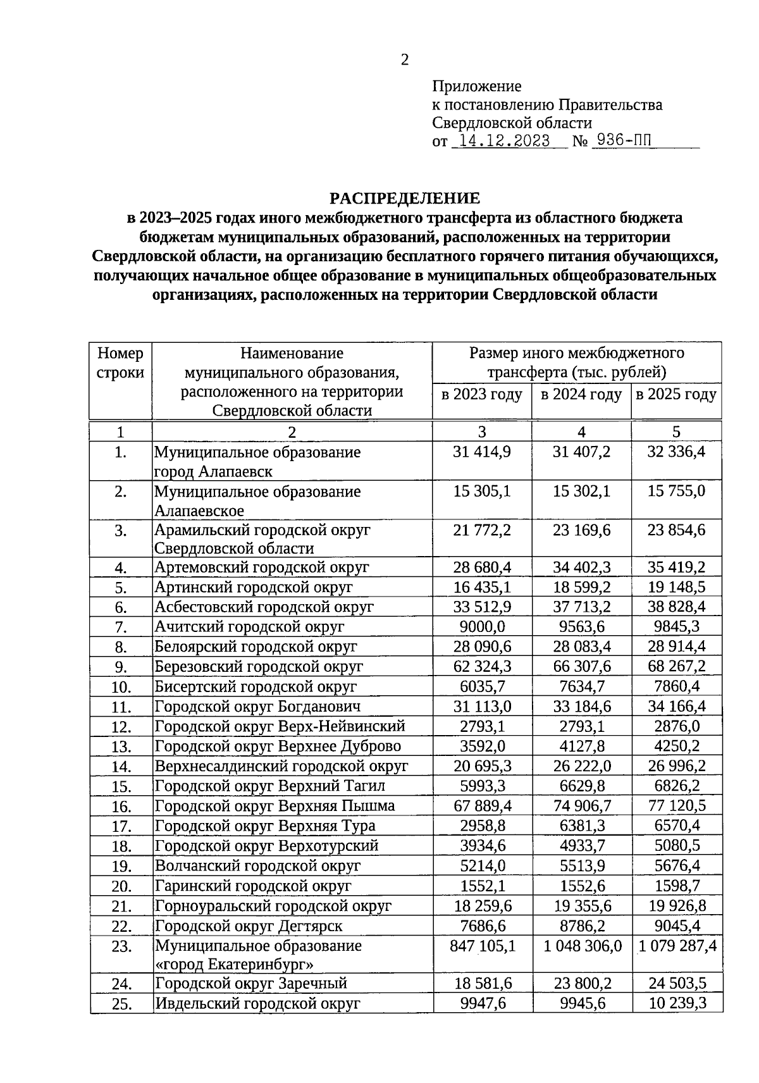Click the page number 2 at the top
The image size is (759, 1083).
(405, 60)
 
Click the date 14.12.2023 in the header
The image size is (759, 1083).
(504, 141)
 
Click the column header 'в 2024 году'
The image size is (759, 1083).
(581, 395)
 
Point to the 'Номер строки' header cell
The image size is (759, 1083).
(120, 362)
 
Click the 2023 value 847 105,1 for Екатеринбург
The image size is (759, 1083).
(482, 946)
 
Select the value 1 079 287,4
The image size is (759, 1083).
(677, 946)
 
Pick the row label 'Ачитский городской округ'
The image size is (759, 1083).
(250, 626)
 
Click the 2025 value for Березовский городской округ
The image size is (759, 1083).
(676, 666)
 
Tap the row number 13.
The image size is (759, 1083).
(120, 746)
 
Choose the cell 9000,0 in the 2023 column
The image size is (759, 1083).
(482, 626)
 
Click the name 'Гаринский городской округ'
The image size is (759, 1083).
(253, 886)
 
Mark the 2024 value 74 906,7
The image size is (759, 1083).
(581, 805)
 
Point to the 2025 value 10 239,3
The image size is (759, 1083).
(676, 1003)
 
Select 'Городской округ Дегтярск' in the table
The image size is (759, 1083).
(249, 925)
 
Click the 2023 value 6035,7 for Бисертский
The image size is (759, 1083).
(482, 686)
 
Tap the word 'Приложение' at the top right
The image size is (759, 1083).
(477, 86)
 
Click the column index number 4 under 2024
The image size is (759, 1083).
(581, 431)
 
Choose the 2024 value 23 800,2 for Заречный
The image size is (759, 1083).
(581, 983)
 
